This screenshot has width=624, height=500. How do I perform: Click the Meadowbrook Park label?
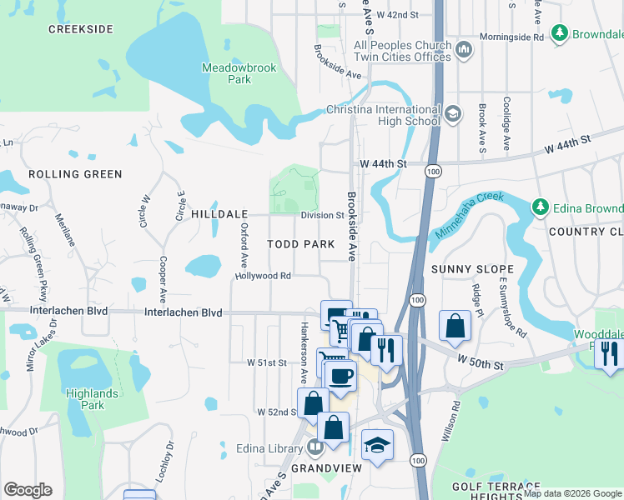[x=227, y=73]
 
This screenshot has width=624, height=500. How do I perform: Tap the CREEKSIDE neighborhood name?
[x=80, y=29]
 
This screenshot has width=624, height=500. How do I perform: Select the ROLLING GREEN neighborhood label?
[x=75, y=174]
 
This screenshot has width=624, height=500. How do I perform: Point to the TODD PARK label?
[x=300, y=244]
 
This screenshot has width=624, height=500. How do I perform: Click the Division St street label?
[x=323, y=215]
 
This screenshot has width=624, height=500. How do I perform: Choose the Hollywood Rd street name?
[x=263, y=276]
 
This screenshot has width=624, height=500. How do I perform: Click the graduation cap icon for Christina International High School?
[x=453, y=114]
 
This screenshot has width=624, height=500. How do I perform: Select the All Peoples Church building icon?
[x=465, y=51]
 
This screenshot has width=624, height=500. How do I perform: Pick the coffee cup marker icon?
[x=340, y=376]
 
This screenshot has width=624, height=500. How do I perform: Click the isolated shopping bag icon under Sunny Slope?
[x=455, y=327]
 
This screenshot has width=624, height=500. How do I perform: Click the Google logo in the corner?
[x=28, y=490]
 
